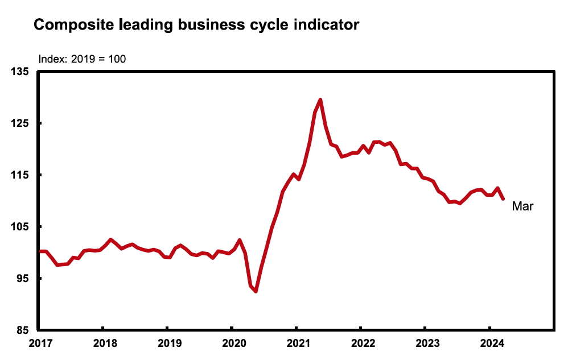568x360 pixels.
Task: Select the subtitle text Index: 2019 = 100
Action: pos(81,59)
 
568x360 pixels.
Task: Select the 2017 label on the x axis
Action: pos(38,343)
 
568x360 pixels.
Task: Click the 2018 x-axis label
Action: pos(102,343)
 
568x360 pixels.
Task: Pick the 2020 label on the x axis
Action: pos(232,343)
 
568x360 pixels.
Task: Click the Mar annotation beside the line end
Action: pos(522,206)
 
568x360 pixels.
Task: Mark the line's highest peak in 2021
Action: pos(320,100)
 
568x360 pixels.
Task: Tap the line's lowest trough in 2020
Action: pos(256,291)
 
